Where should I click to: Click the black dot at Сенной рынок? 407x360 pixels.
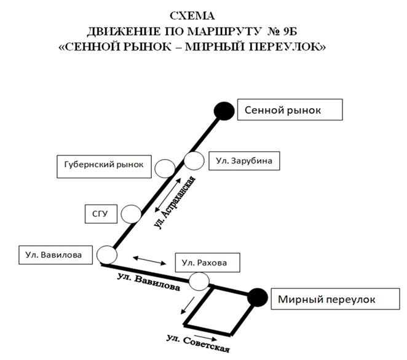pos(223,111)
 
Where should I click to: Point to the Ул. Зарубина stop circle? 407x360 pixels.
pos(194,161)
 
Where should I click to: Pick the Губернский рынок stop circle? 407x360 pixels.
pos(164,168)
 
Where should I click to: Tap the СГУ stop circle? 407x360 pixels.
pos(130,214)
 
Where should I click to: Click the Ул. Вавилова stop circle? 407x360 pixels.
pos(108,254)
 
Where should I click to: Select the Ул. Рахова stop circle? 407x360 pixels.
pos(199,282)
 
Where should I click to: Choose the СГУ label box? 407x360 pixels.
pos(100,214)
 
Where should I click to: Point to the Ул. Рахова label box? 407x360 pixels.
pos(205,263)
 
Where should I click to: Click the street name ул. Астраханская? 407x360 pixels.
pos(176,203)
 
